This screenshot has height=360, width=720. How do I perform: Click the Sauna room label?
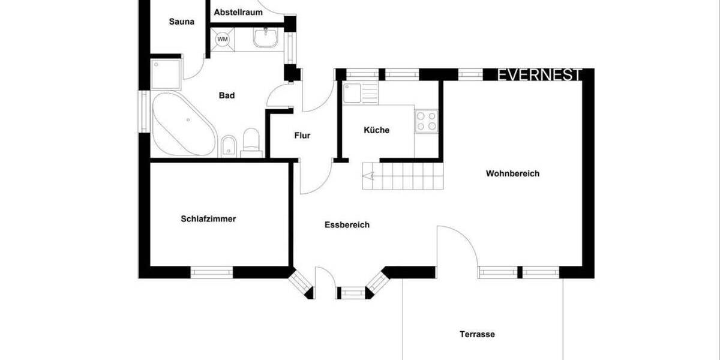tap(181, 22)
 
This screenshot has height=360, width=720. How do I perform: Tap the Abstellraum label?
tap(238, 11)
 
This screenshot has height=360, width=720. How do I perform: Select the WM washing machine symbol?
tap(223, 39)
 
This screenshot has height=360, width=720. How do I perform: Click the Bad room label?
tap(227, 95)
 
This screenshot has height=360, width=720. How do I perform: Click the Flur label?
tap(302, 136)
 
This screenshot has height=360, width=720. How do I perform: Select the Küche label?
tap(377, 130)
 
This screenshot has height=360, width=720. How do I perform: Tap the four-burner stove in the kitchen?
tap(427, 121)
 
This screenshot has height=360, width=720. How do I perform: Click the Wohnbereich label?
tap(512, 174)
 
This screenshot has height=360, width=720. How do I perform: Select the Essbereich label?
tap(347, 225)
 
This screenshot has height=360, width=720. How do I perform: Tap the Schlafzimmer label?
tap(208, 219)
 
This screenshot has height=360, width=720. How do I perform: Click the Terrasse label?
tap(478, 334)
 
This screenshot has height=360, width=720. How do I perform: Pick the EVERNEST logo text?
tap(539, 75)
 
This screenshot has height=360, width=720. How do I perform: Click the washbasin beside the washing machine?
tap(265, 38)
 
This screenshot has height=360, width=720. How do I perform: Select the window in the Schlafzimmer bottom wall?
tap(211, 272)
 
